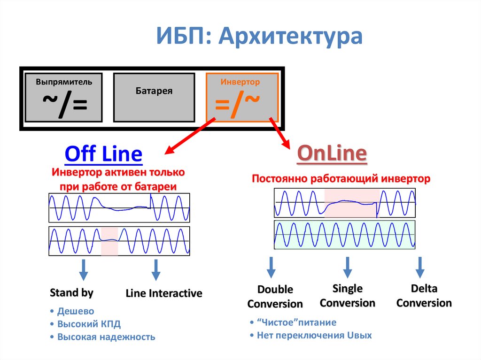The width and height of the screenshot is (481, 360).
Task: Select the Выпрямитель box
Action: pos(63,97)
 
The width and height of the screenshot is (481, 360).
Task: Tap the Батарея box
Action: pos(154,97)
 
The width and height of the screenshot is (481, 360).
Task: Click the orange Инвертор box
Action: pos(242,97)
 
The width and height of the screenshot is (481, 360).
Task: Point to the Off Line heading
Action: pos(103,154)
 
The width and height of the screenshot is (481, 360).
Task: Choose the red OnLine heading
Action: pos(332,153)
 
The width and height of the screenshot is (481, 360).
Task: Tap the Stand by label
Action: pos(71,293)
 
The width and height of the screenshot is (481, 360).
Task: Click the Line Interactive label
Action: pos(164,294)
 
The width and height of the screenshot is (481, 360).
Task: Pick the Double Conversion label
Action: pos(275,297)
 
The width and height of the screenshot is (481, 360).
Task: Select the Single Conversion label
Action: pos(348,296)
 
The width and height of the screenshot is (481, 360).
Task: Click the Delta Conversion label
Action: pos(424,296)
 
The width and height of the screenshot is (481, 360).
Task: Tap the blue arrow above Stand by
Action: pos(83,269)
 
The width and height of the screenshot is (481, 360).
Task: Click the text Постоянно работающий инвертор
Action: pos(341,179)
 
